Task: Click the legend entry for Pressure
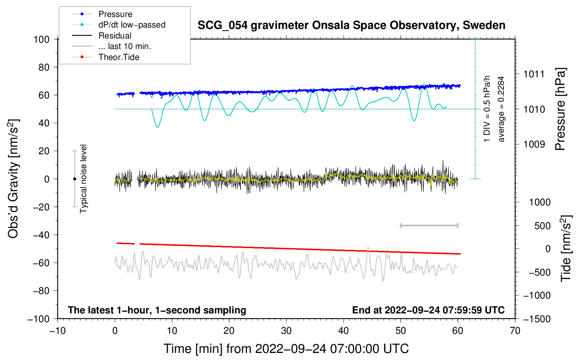point(115,14)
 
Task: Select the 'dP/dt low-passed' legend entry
point(132,25)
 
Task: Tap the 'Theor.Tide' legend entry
point(119,57)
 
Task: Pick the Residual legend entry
point(115,36)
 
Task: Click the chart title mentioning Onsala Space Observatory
point(351,25)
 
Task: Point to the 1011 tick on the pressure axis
point(534,74)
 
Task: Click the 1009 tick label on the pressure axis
point(534,144)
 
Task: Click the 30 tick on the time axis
point(286,331)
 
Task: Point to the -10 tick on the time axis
point(58,331)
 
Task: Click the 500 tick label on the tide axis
point(542,226)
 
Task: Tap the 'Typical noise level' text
point(83,179)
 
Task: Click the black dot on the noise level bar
point(74,179)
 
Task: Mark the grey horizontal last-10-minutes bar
point(429,225)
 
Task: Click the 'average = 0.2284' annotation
point(501,109)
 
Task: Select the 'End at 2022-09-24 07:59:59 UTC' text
point(428,310)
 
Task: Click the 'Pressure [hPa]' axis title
point(560,109)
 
